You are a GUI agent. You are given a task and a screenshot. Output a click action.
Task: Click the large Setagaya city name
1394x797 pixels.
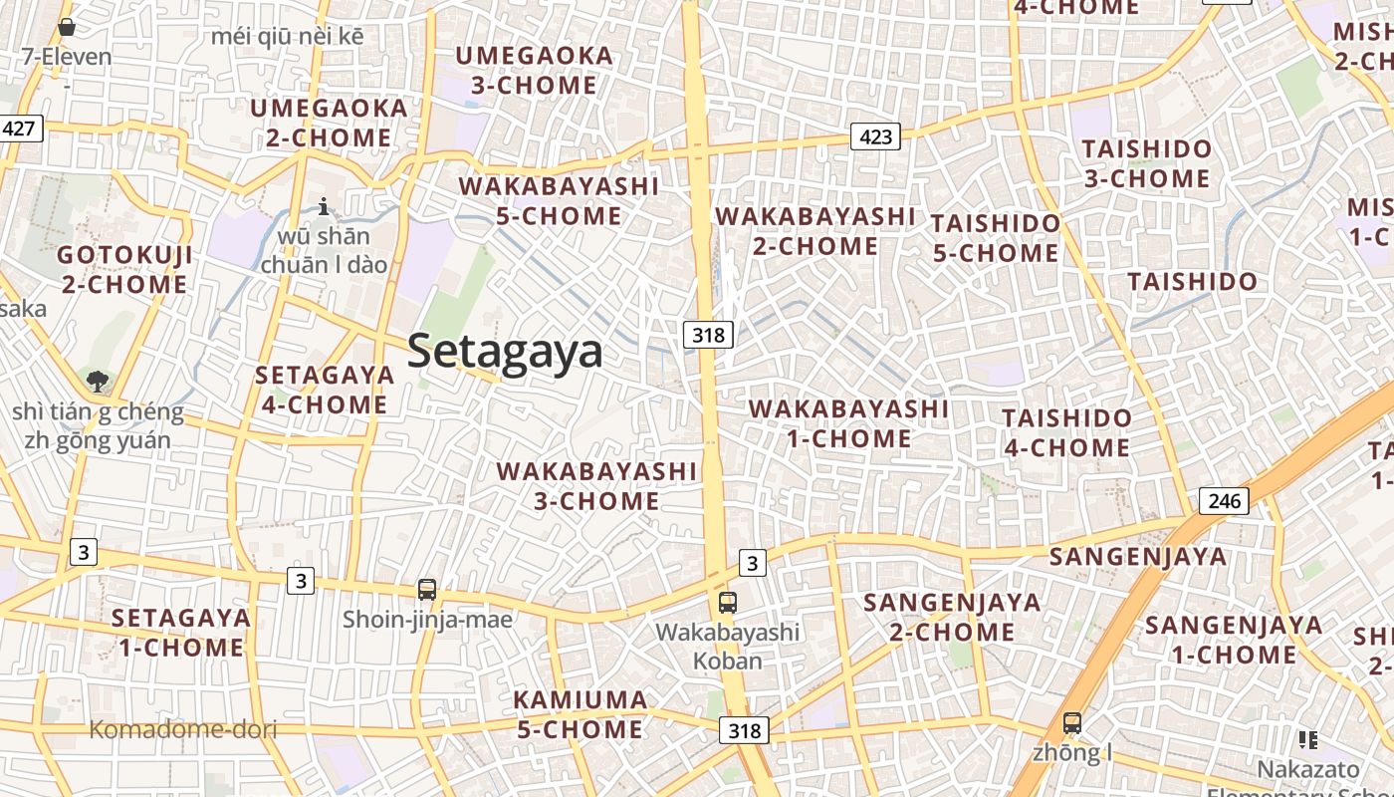(505, 352)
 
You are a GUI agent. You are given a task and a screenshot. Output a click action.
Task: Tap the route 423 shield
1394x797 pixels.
(875, 136)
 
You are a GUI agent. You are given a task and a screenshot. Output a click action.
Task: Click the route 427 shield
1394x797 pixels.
(19, 128)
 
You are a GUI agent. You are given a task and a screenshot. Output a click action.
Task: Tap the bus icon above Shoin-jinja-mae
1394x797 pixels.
(427, 589)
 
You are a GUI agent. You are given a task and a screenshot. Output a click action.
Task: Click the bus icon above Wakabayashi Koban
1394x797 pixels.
(728, 602)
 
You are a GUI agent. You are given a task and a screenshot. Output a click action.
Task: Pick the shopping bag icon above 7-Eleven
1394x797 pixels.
(67, 27)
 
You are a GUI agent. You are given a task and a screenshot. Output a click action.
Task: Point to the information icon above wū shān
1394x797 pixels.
(324, 207)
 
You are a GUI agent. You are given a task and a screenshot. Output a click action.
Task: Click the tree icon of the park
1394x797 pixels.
(98, 380)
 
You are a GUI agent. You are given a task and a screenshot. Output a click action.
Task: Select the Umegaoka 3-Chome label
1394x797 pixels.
(534, 71)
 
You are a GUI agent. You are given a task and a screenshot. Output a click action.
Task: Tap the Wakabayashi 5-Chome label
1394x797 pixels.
(559, 201)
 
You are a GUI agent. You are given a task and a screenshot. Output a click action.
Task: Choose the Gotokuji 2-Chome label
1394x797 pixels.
(124, 270)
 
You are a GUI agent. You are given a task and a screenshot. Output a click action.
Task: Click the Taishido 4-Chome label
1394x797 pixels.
(1067, 432)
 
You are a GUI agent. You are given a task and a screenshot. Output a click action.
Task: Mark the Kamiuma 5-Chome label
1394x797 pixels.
(580, 714)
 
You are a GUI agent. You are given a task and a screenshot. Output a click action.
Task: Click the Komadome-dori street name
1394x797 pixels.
(183, 729)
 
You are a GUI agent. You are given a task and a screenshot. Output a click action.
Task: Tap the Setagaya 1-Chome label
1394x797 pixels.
(181, 633)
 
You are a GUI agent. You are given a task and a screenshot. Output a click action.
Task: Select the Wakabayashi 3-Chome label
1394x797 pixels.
(596, 485)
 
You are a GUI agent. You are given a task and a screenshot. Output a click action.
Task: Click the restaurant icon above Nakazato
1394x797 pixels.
(1307, 740)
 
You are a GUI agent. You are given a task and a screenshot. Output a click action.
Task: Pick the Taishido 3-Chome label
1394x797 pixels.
(1147, 164)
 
